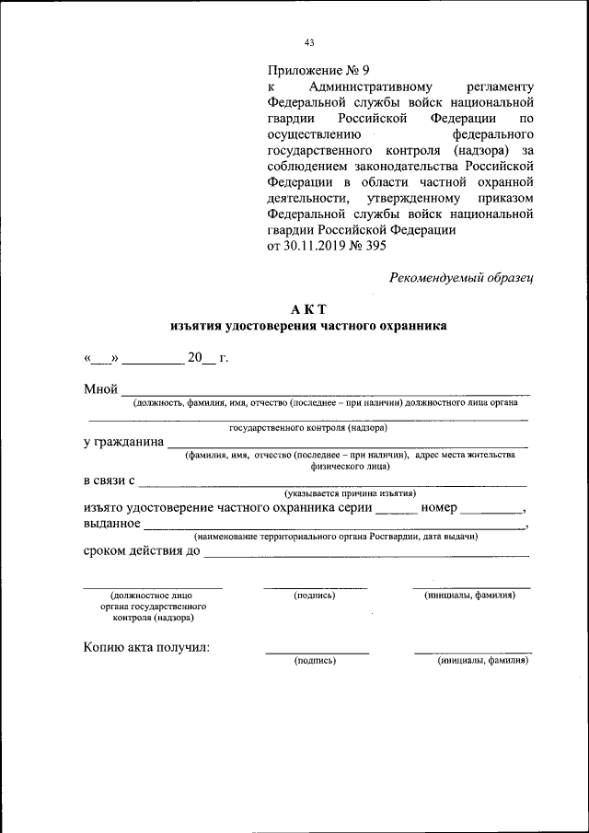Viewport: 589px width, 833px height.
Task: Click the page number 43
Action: (x=309, y=41)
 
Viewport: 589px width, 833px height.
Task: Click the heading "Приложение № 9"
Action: (x=318, y=70)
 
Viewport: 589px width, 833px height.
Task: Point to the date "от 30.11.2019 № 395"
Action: (x=327, y=246)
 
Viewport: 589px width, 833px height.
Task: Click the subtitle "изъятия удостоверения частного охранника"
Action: (x=308, y=326)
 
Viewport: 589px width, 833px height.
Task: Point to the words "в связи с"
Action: (x=109, y=480)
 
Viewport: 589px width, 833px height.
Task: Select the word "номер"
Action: (x=439, y=507)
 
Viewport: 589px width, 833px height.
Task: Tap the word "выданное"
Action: (x=111, y=524)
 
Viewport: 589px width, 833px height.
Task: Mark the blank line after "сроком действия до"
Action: (x=365, y=555)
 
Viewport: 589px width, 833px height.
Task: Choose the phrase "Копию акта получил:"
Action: (x=146, y=647)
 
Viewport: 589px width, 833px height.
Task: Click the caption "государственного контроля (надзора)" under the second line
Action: (x=308, y=428)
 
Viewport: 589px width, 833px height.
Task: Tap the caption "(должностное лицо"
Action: (x=152, y=596)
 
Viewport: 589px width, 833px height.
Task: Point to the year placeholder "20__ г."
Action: (x=207, y=358)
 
